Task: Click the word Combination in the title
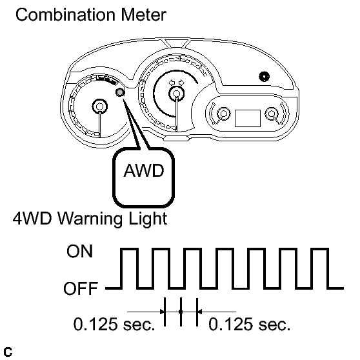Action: pos(65,15)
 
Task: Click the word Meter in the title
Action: pos(143,15)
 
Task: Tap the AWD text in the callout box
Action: pos(144,170)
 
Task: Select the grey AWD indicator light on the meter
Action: pos(120,92)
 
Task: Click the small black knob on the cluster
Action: pos(264,77)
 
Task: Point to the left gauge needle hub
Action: pos(99,106)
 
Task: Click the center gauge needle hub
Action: pos(176,94)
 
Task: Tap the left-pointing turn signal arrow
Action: pos(172,82)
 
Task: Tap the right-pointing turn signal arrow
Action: pos(181,82)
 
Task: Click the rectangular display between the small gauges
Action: pos(248,118)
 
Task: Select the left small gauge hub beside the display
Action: pos(223,114)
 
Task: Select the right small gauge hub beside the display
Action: pos(272,114)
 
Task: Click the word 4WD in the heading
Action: pos(32,218)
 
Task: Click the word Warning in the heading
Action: pos(90,219)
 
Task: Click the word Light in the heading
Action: pos(148,219)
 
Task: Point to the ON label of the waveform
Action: pos(79,251)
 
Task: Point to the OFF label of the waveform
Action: pos(81,288)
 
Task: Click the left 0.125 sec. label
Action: pos(114,324)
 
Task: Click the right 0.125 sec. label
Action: pos(249,324)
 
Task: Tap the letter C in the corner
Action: pos(8,352)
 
